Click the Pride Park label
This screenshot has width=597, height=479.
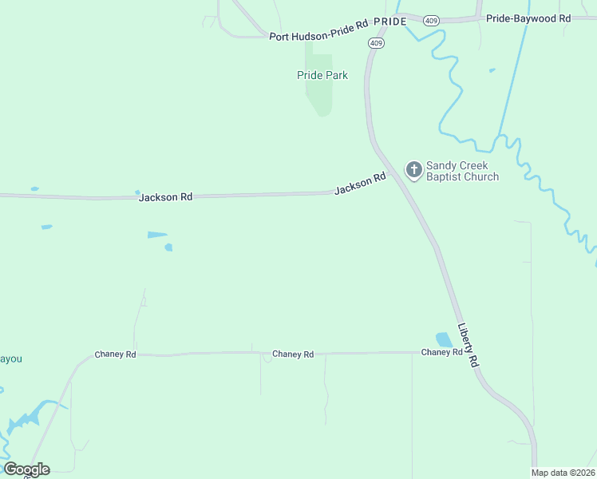pos(322,75)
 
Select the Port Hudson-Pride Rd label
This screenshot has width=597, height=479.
pos(318,36)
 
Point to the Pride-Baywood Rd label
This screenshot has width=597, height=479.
pos(528,18)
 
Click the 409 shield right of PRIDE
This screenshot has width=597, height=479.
pos(431,20)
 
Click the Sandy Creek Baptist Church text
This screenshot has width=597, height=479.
pos(462,171)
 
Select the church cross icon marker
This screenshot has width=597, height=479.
pos(413,169)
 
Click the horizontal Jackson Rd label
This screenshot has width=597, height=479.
pos(165,197)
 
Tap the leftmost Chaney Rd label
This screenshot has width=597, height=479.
pos(115,354)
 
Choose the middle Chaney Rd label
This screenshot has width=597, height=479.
pos(292,354)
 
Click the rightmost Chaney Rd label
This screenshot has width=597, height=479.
pos(441,352)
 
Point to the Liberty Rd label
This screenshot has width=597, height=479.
pos(468,345)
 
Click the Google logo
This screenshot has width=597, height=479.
pos(26,469)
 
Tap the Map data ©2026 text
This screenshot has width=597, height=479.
pos(563,473)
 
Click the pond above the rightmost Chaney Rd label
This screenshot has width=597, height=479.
pos(443,339)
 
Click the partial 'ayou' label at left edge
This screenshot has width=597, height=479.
pos(10,359)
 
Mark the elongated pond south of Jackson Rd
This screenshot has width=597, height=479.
pos(157,235)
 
